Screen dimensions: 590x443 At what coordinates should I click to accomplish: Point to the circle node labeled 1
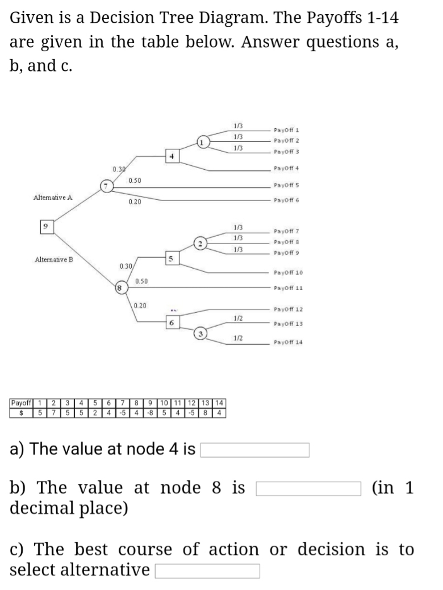pyautogui.click(x=202, y=141)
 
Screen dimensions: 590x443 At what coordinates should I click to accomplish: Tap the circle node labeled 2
pyautogui.click(x=202, y=245)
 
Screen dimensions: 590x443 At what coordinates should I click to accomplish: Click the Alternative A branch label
pyautogui.click(x=53, y=198)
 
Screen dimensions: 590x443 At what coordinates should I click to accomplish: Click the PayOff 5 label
pyautogui.click(x=286, y=185)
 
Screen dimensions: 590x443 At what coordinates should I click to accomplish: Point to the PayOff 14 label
pyautogui.click(x=288, y=342)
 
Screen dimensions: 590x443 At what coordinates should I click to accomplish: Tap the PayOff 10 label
pyautogui.click(x=288, y=273)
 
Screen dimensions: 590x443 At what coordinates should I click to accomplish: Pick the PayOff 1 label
pyautogui.click(x=286, y=130)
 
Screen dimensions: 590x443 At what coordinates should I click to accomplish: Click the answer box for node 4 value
pyautogui.click(x=255, y=450)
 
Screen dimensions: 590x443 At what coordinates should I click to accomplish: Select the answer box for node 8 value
pyautogui.click(x=309, y=488)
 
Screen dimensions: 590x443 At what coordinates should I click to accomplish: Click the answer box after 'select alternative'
pyautogui.click(x=207, y=570)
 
